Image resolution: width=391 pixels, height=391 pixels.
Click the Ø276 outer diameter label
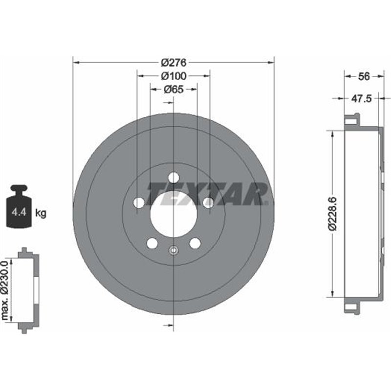pos(174,63)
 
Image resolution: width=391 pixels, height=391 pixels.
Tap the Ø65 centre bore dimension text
pos(174,89)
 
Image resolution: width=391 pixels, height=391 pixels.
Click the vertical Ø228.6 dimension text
pos(332,213)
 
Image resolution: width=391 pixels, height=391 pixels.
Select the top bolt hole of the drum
pos(174,178)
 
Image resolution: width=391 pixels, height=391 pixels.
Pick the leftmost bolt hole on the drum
pos(139,203)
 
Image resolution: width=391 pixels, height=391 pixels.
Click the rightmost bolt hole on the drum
pos(208,203)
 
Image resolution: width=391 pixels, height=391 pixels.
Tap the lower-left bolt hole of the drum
pos(152,243)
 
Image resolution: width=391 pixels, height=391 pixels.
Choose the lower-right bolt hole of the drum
pos(195,243)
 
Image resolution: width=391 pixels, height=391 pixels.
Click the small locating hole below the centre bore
pos(174,251)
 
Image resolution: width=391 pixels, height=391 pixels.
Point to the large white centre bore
pos(174,215)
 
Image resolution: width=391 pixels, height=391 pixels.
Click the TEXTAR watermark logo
pos(208,194)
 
